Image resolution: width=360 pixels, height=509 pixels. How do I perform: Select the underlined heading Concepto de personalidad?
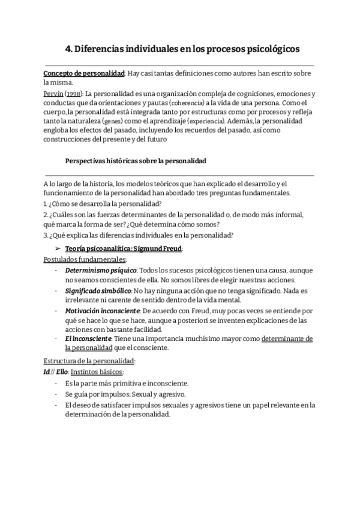coord(84,73)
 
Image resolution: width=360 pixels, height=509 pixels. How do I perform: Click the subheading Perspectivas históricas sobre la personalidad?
coord(136,161)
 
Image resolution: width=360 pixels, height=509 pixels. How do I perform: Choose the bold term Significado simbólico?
coord(98,291)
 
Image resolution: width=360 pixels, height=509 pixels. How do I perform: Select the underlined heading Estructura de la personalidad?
coord(90,361)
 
